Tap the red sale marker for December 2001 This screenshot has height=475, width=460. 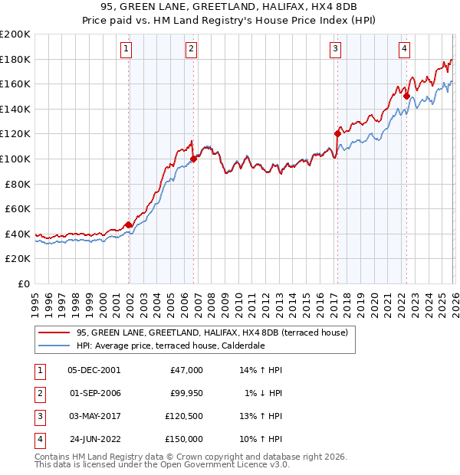point(128,224)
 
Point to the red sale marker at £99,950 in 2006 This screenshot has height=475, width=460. point(193,159)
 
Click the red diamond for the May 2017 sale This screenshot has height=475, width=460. point(337,133)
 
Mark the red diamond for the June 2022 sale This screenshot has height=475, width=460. point(406,97)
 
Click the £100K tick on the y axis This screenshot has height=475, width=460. point(15,159)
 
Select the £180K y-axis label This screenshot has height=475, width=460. point(15,59)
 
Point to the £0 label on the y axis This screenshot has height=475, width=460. point(23,283)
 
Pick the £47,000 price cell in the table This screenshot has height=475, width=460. point(186,370)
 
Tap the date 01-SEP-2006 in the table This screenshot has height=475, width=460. point(94,393)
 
